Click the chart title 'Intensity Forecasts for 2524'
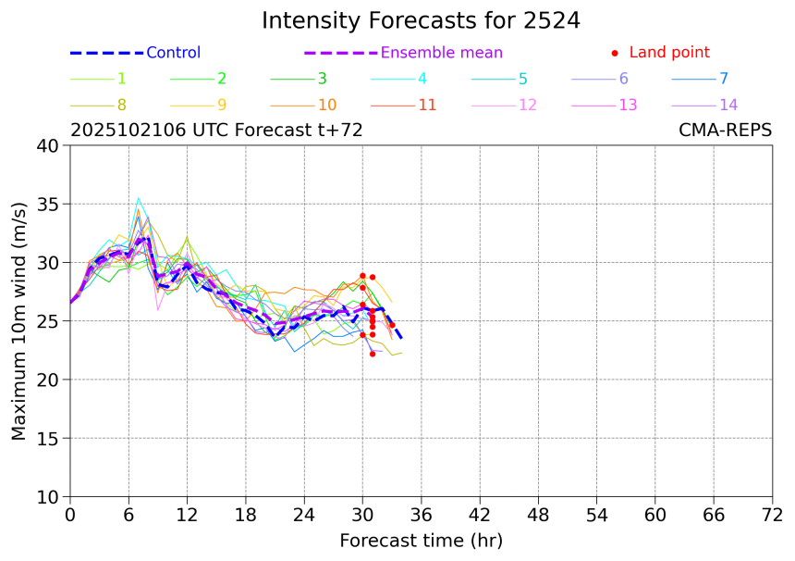(421, 20)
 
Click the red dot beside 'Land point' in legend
(615, 53)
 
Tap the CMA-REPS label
(725, 131)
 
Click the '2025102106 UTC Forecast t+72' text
(216, 131)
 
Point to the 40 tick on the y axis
(47, 145)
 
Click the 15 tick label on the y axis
(47, 438)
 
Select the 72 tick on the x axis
(772, 514)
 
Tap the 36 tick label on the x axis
(422, 514)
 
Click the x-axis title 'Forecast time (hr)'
(421, 540)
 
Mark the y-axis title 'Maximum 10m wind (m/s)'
(19, 320)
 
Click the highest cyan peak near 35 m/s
(139, 198)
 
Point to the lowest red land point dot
(373, 354)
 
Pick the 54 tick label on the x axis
(597, 514)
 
